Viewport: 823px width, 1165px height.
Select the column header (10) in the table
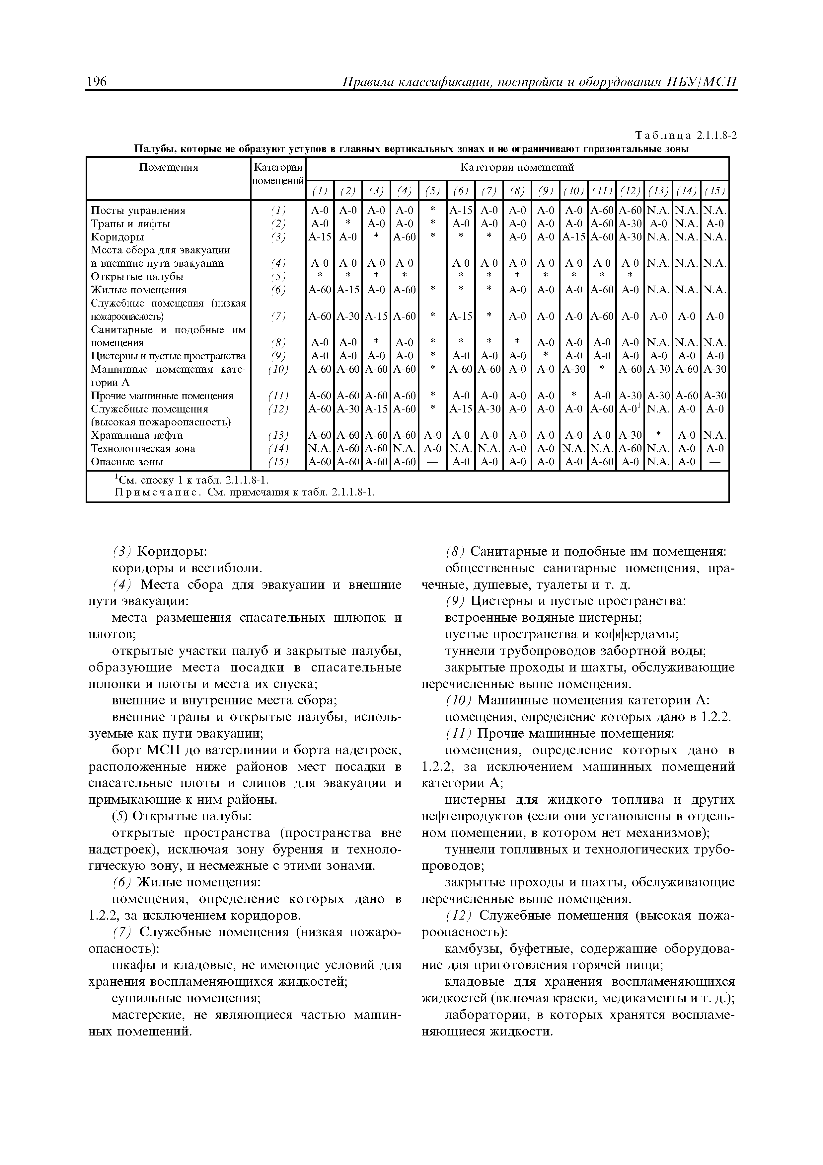click(x=573, y=191)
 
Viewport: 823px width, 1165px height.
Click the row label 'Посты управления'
click(x=138, y=210)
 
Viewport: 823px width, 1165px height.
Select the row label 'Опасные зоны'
click(x=127, y=462)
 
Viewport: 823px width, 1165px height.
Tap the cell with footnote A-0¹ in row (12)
click(x=630, y=408)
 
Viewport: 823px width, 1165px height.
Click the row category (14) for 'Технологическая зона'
click(x=278, y=449)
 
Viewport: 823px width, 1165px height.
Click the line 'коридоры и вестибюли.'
click(x=187, y=568)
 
